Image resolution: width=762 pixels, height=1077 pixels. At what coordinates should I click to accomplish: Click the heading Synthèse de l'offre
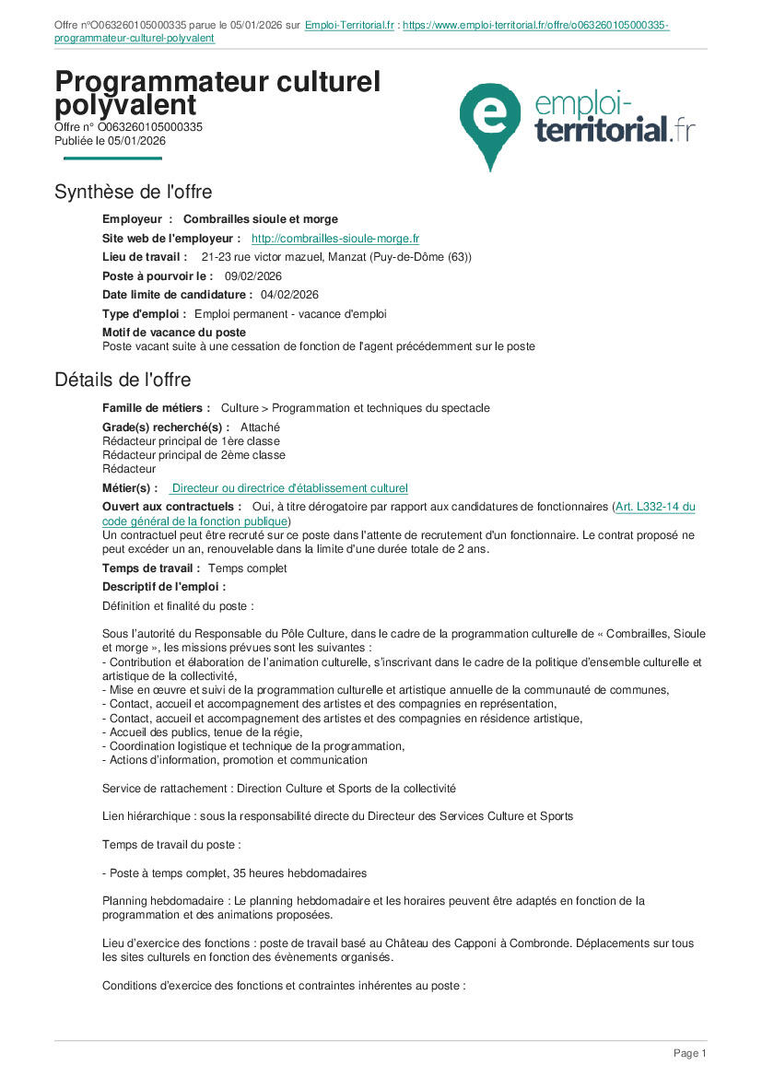[x=133, y=193]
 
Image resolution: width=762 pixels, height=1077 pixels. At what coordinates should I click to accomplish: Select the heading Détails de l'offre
[x=123, y=380]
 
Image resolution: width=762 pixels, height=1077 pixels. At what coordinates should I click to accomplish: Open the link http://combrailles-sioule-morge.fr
[x=335, y=239]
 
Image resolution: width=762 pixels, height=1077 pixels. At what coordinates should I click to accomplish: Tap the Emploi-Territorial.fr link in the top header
[x=349, y=26]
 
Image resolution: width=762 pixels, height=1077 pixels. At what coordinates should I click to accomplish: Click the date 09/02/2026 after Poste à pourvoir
[x=253, y=276]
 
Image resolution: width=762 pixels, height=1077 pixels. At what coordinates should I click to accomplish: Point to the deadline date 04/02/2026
[x=289, y=295]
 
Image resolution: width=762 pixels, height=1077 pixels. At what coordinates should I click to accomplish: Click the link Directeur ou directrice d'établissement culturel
[x=289, y=488]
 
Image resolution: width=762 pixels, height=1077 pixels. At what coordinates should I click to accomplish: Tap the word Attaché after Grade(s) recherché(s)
[x=260, y=427]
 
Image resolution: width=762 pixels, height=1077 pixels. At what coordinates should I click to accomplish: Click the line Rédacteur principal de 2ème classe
[x=193, y=455]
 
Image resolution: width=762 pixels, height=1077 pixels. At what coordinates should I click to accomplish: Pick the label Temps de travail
[x=149, y=568]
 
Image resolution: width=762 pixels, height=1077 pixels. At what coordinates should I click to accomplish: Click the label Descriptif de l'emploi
[x=164, y=586]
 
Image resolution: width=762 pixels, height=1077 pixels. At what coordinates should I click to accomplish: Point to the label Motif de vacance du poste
[x=174, y=333]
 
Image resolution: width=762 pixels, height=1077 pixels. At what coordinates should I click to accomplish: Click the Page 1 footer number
[x=689, y=1053]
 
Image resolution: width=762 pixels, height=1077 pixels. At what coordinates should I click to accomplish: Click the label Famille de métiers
[x=156, y=408]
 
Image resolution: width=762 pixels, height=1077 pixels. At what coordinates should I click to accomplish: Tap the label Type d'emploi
[x=144, y=314]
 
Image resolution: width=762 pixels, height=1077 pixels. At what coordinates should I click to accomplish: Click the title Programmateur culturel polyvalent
[x=217, y=93]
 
